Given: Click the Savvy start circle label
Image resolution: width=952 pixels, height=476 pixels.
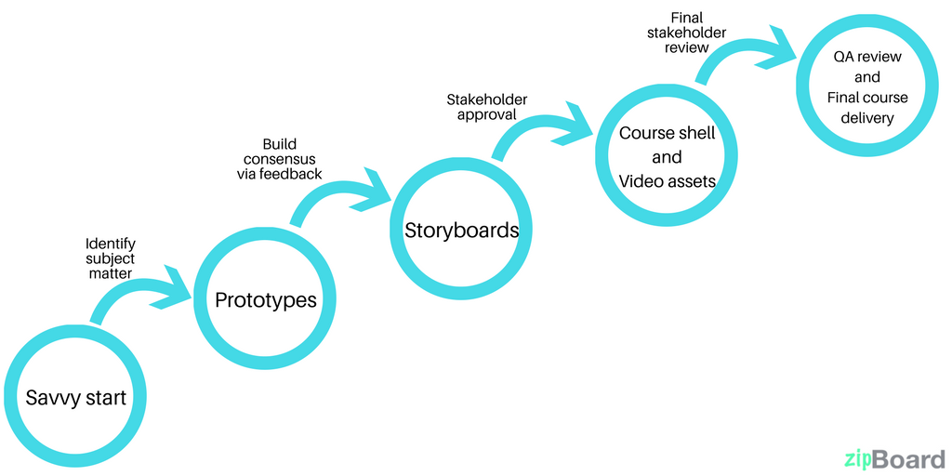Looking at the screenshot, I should (75, 399).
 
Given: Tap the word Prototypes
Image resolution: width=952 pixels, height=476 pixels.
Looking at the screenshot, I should (266, 300).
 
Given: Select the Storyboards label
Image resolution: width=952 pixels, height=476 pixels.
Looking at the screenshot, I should (461, 230).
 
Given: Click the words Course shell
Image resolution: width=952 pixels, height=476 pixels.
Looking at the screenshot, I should (668, 133).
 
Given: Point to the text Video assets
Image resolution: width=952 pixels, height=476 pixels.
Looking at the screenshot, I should (668, 181).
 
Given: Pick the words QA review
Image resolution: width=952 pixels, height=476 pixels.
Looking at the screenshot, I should (867, 58).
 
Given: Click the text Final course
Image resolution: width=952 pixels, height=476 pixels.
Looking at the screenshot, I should (867, 98).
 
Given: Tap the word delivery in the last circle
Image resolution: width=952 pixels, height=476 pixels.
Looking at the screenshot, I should (867, 118).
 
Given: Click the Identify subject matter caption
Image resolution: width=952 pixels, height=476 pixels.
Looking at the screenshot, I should (110, 258).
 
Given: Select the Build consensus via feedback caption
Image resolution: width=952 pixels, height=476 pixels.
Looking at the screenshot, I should (280, 159).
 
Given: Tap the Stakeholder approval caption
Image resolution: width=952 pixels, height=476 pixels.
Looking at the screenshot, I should (486, 108).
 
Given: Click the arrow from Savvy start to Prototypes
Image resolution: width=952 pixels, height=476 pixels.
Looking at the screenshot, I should (139, 293).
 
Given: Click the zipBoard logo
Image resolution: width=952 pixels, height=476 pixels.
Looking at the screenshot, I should (894, 458).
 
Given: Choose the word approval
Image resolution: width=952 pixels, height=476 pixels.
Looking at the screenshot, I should (486, 116).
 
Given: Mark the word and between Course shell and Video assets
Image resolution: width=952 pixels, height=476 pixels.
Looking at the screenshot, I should (667, 157).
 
